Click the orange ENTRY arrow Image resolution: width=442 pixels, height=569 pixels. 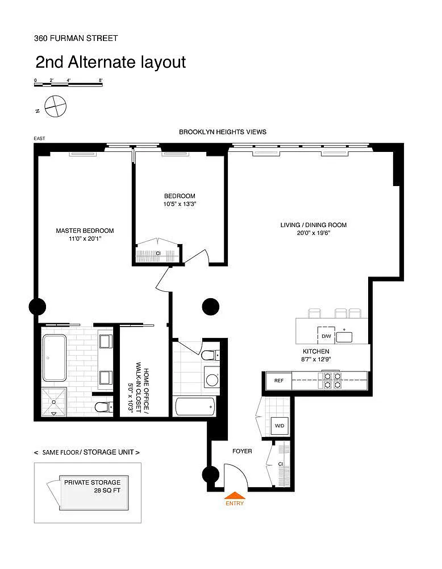pyautogui.click(x=235, y=495)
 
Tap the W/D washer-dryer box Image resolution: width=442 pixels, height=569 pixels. pyautogui.click(x=280, y=426)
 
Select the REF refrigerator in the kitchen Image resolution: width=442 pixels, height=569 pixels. pyautogui.click(x=278, y=381)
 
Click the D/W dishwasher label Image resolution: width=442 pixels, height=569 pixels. pyautogui.click(x=326, y=336)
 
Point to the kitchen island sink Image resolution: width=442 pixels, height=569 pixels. pyautogui.click(x=344, y=337)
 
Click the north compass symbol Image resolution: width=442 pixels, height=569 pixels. pyautogui.click(x=56, y=106)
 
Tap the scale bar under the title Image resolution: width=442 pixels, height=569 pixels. pyautogui.click(x=69, y=85)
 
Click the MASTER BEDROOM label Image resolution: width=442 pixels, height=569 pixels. pyautogui.click(x=85, y=230)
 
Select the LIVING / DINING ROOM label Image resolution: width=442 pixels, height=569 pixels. pyautogui.click(x=314, y=225)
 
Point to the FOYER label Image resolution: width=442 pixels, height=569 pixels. pyautogui.click(x=242, y=451)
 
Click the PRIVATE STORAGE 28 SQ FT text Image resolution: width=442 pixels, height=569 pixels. pyautogui.click(x=93, y=486)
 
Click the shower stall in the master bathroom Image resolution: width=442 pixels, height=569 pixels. pyautogui.click(x=54, y=402)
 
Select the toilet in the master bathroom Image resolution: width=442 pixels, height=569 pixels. pyautogui.click(x=104, y=407)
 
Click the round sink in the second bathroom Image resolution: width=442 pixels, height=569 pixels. pyautogui.click(x=212, y=380)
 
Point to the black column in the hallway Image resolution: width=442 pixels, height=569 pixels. pyautogui.click(x=211, y=307)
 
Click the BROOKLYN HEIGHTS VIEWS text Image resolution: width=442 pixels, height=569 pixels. pyautogui.click(x=223, y=132)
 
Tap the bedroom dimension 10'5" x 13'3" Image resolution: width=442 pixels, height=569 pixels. pyautogui.click(x=180, y=204)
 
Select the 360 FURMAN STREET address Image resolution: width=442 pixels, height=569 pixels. pyautogui.click(x=76, y=38)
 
